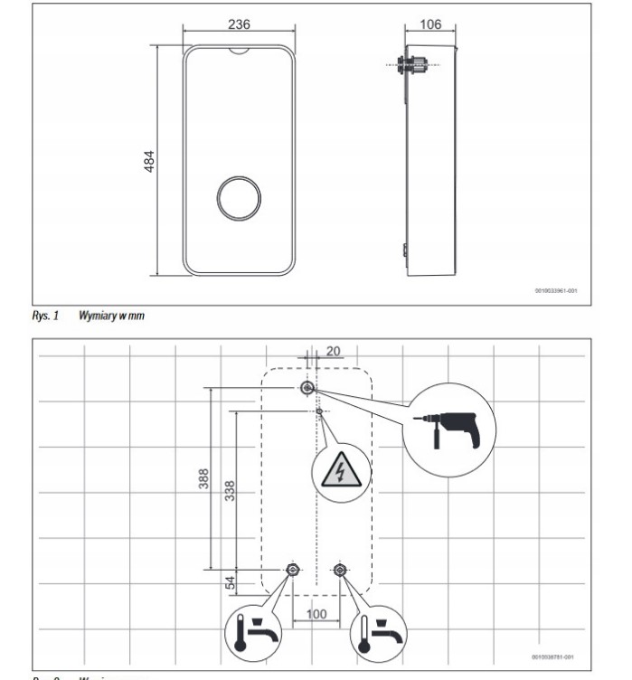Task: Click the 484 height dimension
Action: coord(150,162)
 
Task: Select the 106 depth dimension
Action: coord(432,25)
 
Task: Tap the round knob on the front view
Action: coord(238,196)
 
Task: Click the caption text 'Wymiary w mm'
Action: coord(112,316)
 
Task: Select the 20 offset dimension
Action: coord(335,350)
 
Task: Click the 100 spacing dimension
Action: coord(316,614)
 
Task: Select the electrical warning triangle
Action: coord(341,470)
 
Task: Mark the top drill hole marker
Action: coord(307,388)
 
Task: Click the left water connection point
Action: coord(292,570)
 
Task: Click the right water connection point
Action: coord(340,570)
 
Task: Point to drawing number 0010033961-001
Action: coord(553,292)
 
